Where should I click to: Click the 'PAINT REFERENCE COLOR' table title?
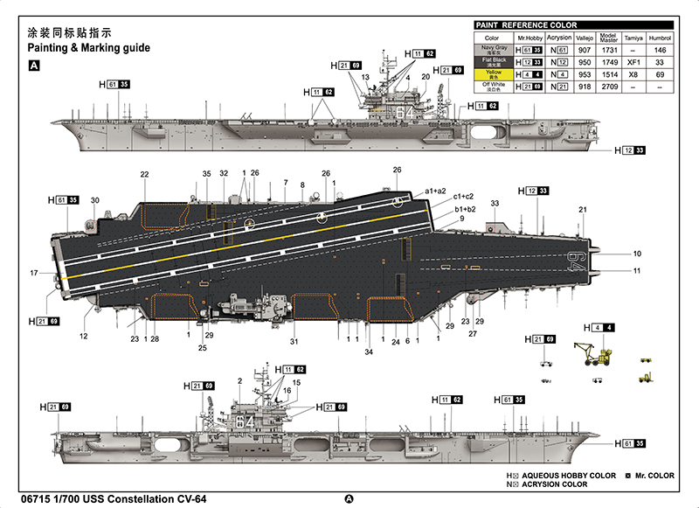(527, 25)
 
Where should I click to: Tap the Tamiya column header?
(634, 38)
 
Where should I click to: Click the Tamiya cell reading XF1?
(634, 63)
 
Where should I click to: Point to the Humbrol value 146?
(661, 51)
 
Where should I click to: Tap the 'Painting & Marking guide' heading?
(89, 46)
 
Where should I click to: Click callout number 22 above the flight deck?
(144, 174)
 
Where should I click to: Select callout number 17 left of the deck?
(33, 274)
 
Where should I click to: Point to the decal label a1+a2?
(436, 191)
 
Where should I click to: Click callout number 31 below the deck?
(294, 341)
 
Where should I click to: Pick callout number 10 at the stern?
(637, 254)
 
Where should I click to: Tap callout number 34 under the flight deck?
(368, 352)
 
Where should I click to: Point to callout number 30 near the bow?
(95, 200)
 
